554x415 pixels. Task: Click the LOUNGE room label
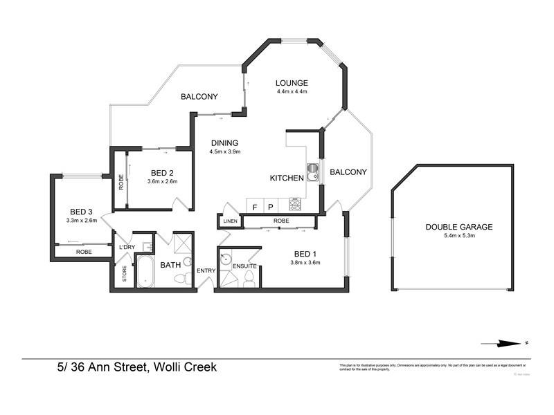291,83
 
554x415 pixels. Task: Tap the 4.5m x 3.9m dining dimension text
225,152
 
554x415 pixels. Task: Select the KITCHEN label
287,178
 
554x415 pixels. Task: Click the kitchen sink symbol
312,169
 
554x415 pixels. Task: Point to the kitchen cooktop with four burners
295,205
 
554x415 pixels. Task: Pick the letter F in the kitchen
255,206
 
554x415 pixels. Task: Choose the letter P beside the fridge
271,206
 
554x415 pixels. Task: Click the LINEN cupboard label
231,221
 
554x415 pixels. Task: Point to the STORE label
125,274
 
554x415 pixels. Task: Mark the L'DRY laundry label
126,247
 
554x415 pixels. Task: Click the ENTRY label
206,270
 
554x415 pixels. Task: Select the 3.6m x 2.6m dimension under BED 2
162,182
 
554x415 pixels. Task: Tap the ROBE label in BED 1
280,221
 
